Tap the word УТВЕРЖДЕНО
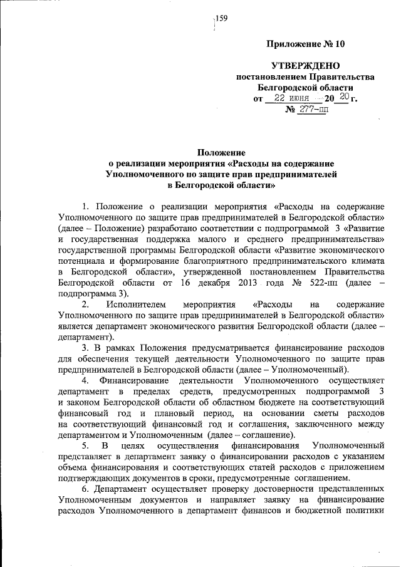305,66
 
